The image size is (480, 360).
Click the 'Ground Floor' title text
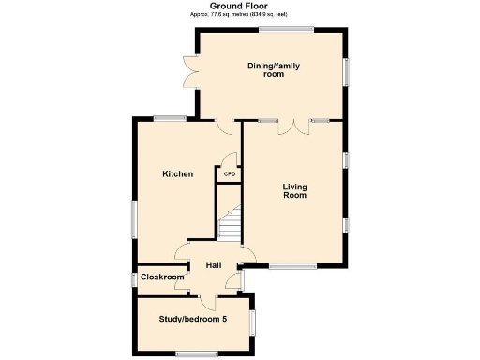click(x=238, y=6)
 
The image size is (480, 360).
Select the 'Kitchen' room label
click(x=177, y=174)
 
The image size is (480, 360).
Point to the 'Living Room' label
click(x=295, y=191)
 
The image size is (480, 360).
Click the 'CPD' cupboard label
click(x=229, y=173)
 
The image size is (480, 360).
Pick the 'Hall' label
click(x=214, y=266)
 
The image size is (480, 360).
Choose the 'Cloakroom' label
click(x=162, y=277)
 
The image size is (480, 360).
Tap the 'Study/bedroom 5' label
click(x=193, y=320)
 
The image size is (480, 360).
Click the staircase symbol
click(x=230, y=225)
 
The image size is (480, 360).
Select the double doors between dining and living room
click(x=295, y=127)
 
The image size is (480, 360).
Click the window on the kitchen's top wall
click(x=170, y=118)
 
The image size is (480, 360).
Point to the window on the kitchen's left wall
click(x=133, y=219)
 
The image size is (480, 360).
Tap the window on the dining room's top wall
click(x=286, y=29)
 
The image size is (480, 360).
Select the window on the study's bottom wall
click(x=197, y=352)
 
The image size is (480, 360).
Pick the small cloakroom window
click(x=133, y=278)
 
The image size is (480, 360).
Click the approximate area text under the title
click(x=238, y=16)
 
